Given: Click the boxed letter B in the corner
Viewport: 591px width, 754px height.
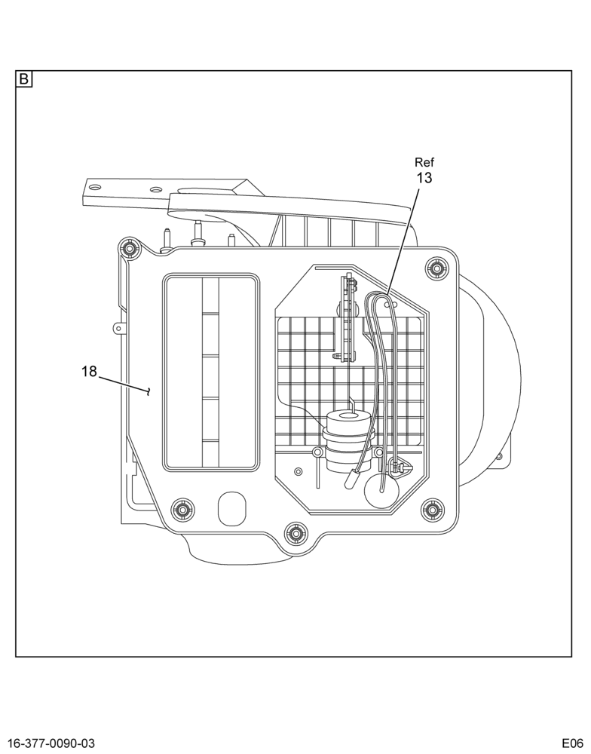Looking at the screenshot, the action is [x=24, y=79].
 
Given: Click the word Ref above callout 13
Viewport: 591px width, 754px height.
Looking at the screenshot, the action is [x=424, y=162].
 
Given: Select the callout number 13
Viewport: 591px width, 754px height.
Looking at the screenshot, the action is [x=424, y=178].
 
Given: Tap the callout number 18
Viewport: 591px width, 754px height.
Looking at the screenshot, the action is [x=89, y=371].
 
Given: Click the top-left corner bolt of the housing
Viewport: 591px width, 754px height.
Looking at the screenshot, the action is [x=128, y=248].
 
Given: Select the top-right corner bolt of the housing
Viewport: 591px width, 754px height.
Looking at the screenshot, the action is [x=436, y=268].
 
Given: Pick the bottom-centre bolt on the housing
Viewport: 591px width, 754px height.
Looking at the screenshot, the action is [x=295, y=533].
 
